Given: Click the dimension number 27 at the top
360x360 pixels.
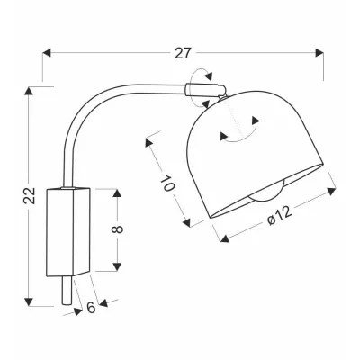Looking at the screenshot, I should [x=184, y=53].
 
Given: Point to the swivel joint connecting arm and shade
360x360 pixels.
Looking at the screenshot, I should [x=202, y=88].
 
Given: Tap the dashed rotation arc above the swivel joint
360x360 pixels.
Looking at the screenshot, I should [x=205, y=76].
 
